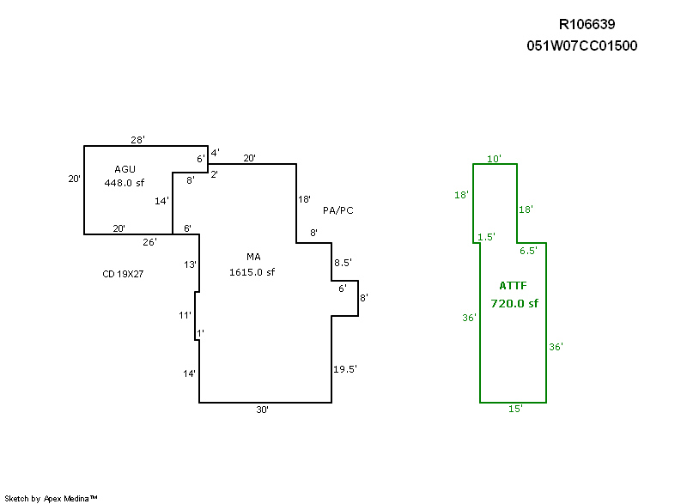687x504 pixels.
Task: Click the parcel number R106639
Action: [587, 25]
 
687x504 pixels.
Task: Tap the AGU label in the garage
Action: [125, 169]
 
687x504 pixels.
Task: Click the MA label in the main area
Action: [253, 258]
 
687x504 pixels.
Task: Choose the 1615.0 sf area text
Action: [252, 272]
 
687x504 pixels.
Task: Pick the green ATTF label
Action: [513, 286]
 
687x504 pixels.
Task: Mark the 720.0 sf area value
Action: [514, 303]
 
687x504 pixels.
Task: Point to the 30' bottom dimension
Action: [263, 410]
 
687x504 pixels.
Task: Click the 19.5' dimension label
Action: [345, 369]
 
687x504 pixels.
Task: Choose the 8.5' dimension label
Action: [342, 263]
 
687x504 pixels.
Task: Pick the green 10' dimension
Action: [494, 159]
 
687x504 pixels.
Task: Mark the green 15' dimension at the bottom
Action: [515, 410]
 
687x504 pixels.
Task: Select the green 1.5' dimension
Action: [486, 237]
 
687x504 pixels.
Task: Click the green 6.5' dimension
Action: [528, 251]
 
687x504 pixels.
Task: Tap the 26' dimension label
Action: [149, 242]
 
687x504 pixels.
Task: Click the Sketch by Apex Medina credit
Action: [51, 498]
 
